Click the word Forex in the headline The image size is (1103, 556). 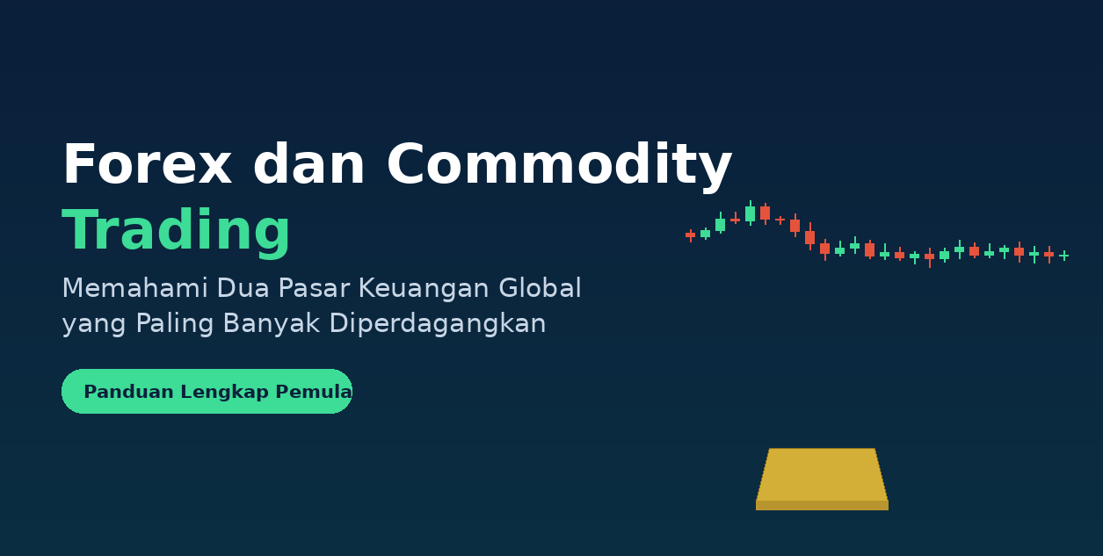point(148,163)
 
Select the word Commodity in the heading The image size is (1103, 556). point(560,166)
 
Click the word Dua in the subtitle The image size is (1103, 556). point(243,288)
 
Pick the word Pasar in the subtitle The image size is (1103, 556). point(314,288)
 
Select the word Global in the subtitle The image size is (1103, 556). point(540,288)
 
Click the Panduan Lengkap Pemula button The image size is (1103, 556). point(207,391)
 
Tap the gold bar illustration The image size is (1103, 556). point(823,480)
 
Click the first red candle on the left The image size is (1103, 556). point(690,235)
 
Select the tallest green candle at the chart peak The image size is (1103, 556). point(750,213)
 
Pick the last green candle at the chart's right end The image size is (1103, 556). point(1064,256)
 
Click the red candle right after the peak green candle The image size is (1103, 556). point(766,213)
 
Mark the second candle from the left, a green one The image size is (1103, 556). point(705,234)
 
